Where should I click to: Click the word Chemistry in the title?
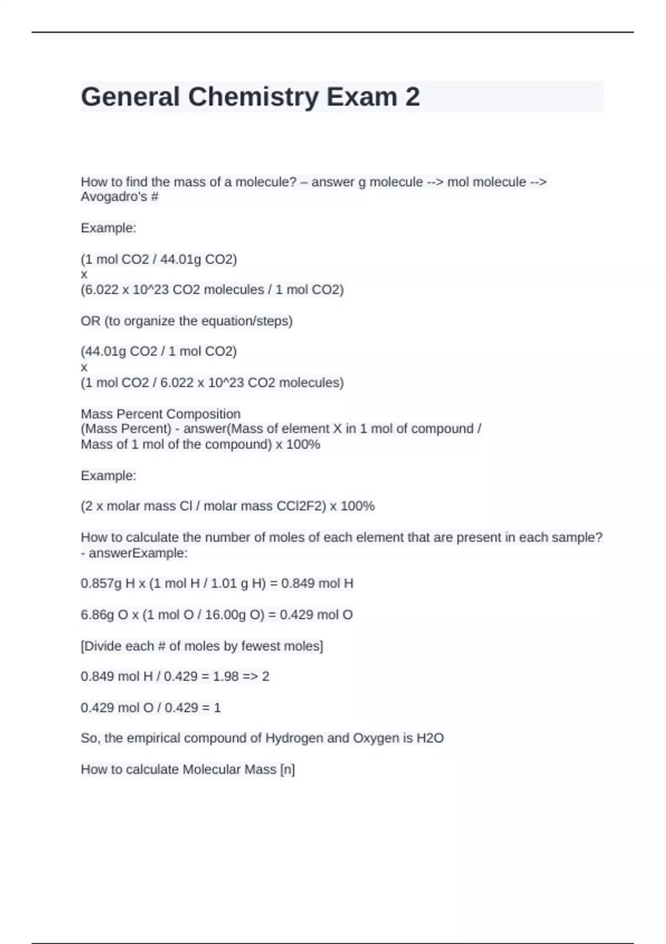(253, 97)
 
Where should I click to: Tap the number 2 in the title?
(412, 97)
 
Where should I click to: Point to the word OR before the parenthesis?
(90, 321)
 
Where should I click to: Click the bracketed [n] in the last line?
(287, 770)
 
